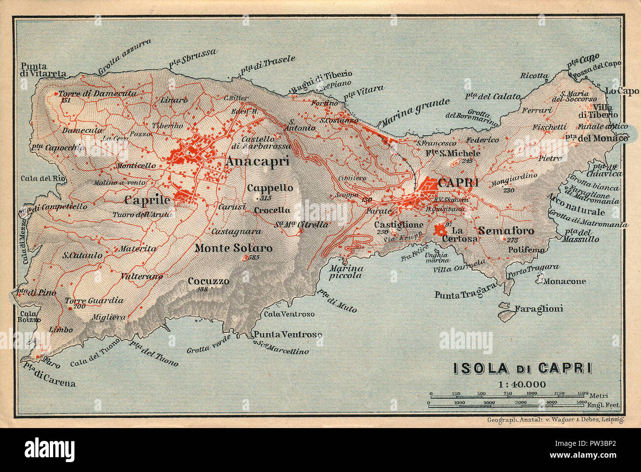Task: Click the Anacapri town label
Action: click(257, 161)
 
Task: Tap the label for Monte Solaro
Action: click(233, 248)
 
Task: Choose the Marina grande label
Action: click(415, 112)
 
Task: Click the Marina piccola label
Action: click(346, 272)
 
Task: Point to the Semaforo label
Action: click(506, 231)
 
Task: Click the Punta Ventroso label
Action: click(288, 335)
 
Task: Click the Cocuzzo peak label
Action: click(209, 281)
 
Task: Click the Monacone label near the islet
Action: click(565, 281)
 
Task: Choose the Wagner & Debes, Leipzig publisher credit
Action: click(555, 419)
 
